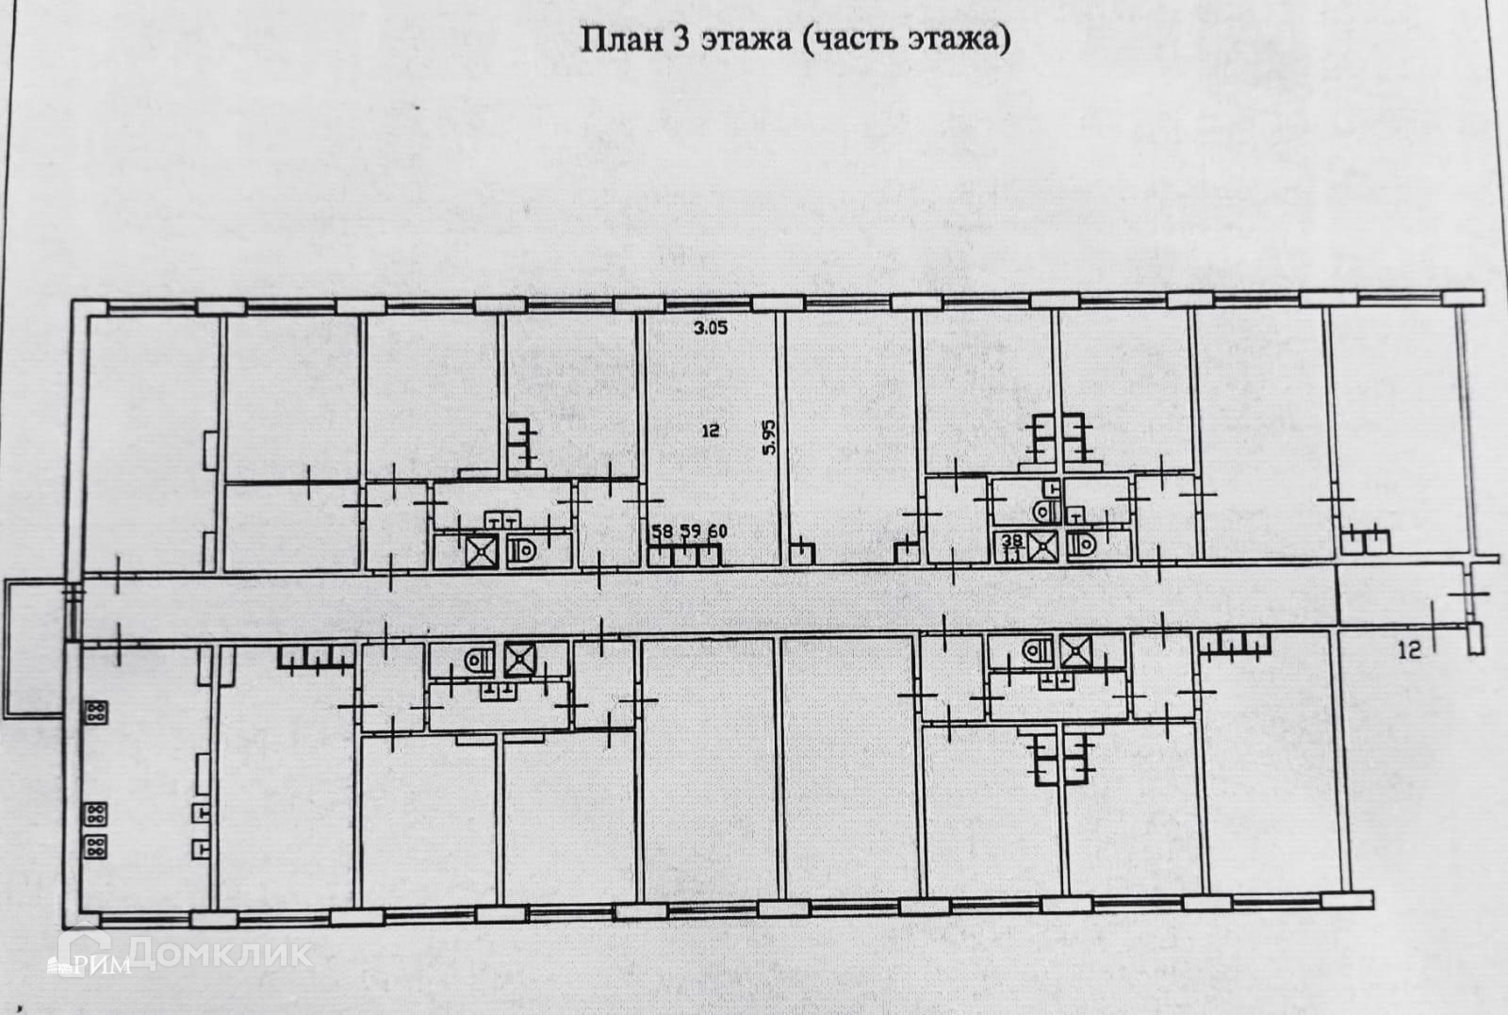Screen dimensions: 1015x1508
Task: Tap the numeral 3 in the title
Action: (x=676, y=41)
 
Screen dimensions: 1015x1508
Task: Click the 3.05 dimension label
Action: (x=712, y=329)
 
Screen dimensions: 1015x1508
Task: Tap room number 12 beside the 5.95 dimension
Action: (x=712, y=431)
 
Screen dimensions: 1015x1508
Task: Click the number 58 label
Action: (x=662, y=532)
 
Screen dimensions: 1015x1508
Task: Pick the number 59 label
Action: (x=690, y=532)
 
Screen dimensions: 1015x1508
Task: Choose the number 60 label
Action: (x=717, y=532)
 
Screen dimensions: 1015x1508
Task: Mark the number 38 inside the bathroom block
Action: (x=1012, y=540)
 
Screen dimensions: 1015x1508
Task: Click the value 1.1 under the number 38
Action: (x=1011, y=555)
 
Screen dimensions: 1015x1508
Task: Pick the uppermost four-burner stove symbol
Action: (x=95, y=712)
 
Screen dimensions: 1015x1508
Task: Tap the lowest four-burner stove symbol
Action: (x=95, y=845)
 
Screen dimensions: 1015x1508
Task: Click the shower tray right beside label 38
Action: (x=1043, y=547)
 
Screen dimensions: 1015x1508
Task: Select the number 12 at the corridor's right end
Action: (x=1409, y=648)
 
